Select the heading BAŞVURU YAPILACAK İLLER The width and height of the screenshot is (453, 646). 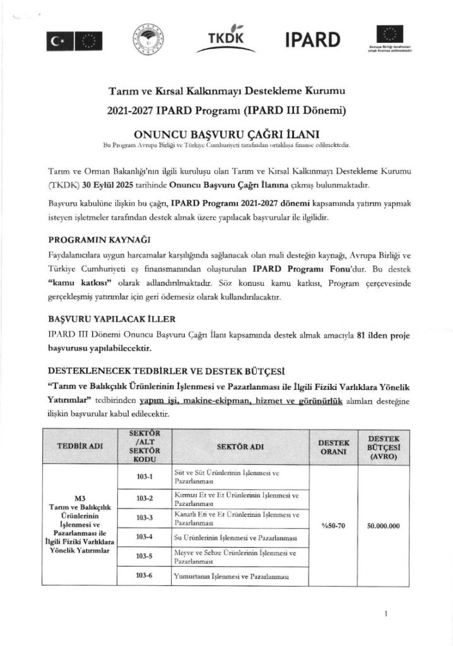(111, 319)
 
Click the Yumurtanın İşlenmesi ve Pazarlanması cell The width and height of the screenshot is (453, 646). (230, 577)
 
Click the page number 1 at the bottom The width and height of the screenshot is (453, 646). (385, 613)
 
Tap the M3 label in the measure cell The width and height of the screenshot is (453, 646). (79, 498)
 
